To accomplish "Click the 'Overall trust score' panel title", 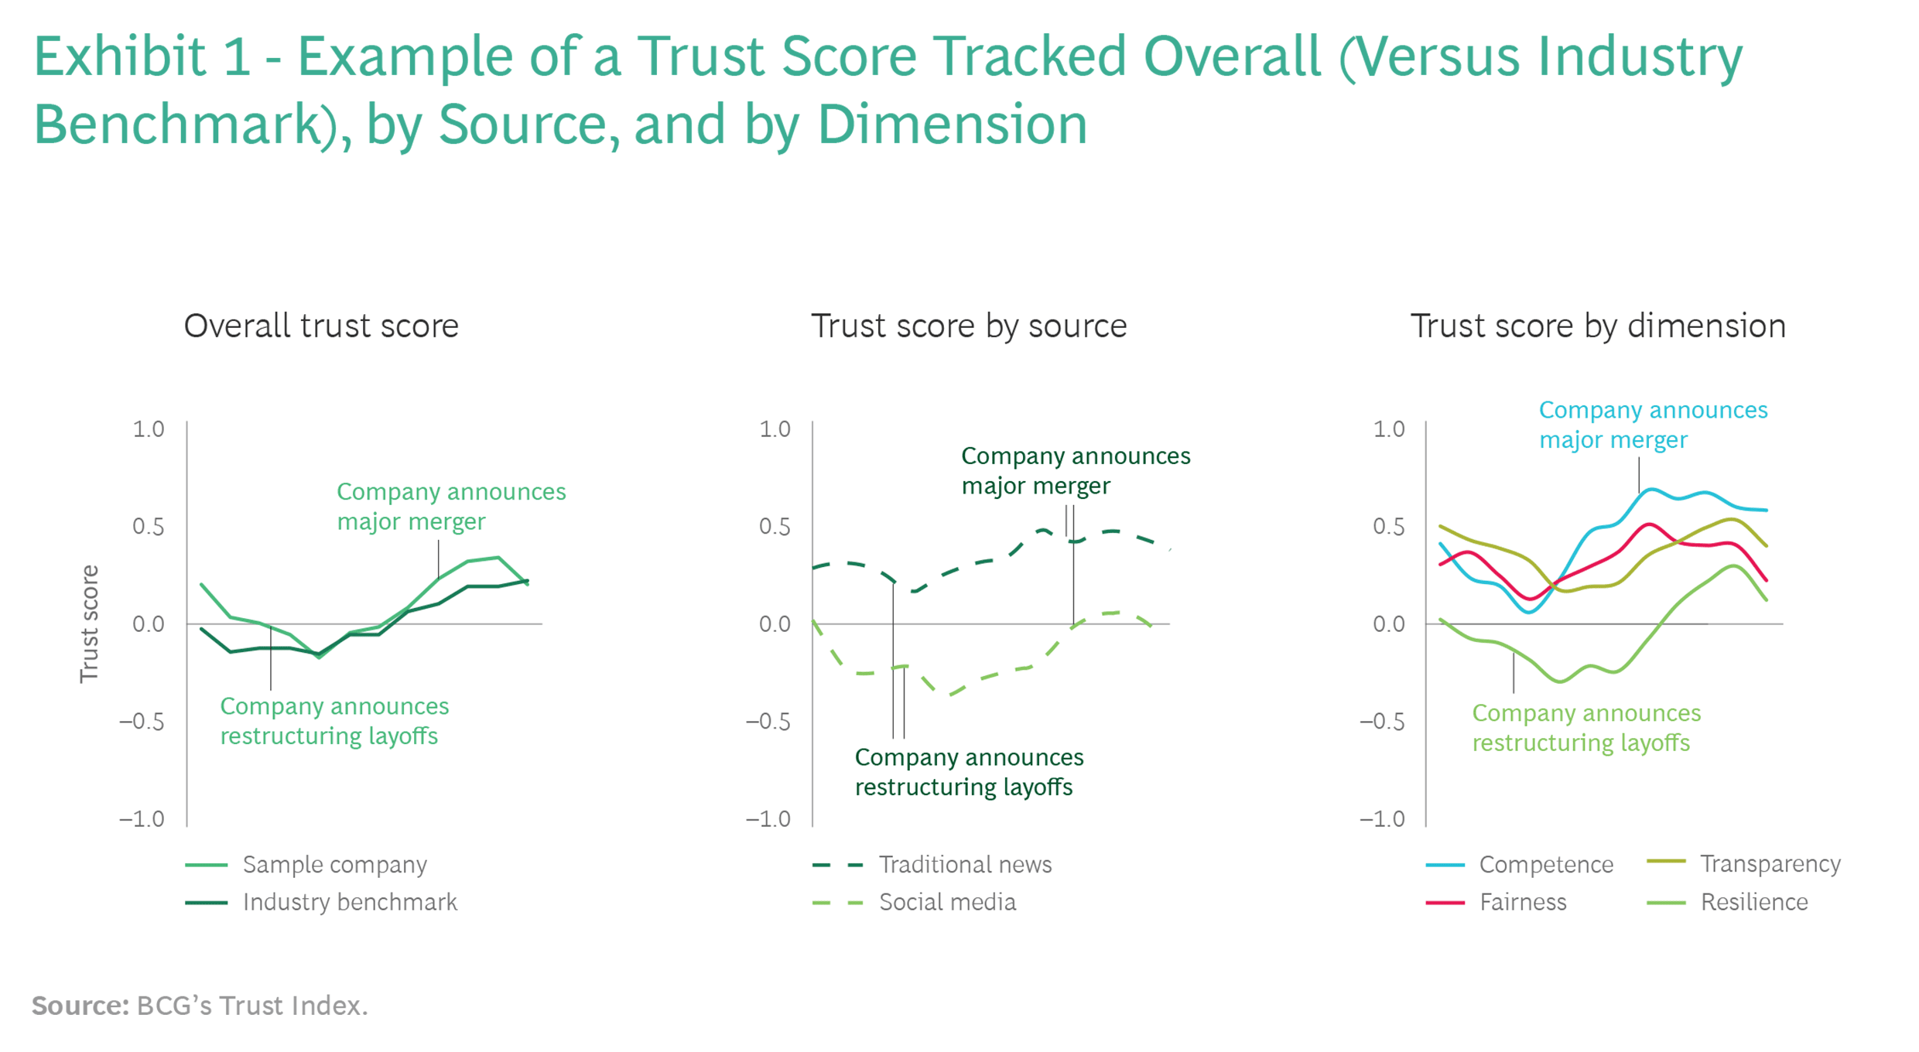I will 321,326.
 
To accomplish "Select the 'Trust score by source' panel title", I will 968,326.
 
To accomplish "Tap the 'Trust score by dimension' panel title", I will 1598,326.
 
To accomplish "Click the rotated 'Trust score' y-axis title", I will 90,623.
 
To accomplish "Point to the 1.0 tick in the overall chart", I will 149,429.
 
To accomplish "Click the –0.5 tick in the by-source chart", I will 768,722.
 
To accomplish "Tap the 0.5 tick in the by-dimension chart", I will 1389,527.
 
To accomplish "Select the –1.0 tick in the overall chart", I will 142,819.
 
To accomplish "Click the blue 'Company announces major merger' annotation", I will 1653,425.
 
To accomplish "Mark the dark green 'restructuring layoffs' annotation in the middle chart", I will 969,772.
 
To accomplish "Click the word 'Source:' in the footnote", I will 80,1006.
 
